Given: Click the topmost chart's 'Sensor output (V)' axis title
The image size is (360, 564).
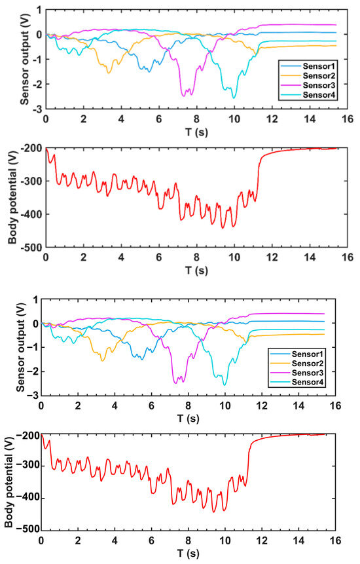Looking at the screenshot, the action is point(24,59).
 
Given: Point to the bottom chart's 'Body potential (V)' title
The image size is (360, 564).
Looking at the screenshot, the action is point(9,481).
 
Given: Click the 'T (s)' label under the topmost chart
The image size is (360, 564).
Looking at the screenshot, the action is point(196,132).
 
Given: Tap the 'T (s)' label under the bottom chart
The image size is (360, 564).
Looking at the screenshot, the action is point(188,553).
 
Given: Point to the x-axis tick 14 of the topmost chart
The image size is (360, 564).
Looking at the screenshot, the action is point(310,119).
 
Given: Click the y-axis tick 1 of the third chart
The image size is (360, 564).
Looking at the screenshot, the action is point(35,299).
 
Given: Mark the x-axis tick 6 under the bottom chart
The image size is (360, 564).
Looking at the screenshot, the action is point(151,540).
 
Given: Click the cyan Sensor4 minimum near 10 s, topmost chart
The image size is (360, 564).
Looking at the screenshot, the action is point(234,98).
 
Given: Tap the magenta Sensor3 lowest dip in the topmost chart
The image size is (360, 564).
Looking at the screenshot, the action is point(184,96).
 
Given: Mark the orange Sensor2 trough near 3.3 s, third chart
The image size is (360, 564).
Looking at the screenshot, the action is point(102,360).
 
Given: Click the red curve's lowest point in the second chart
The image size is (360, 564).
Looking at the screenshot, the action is point(223,228).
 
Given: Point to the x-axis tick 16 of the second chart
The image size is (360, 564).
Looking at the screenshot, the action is point(348,257).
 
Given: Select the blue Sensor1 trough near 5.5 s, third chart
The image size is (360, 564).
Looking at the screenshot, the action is point(141,360).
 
